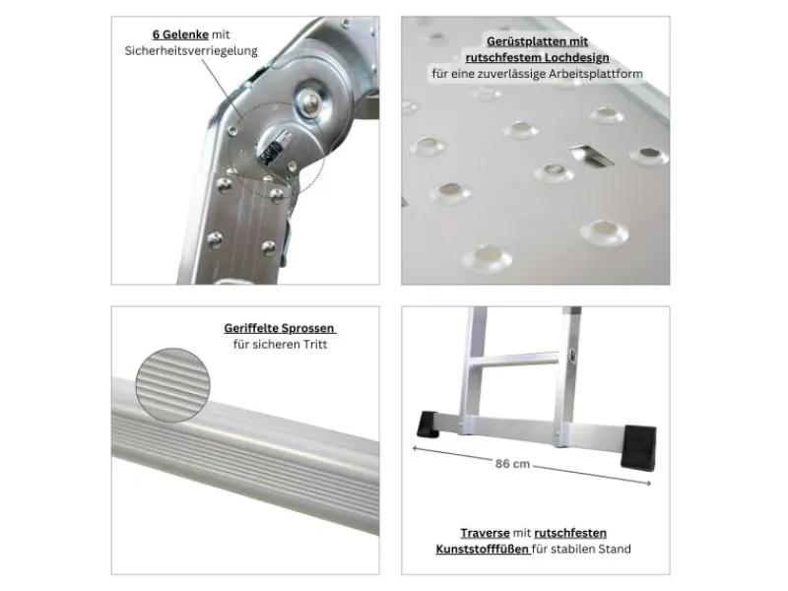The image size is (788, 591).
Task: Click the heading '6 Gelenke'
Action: [x=180, y=34]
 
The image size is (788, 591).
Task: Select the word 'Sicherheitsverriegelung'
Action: [x=191, y=51]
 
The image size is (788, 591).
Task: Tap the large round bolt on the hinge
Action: [x=310, y=102]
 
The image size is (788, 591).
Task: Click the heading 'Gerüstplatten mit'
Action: [x=537, y=41]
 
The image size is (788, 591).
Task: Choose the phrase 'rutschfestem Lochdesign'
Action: [x=537, y=57]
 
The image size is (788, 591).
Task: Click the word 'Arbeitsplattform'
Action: [x=596, y=74]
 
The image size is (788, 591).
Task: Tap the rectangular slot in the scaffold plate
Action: [x=592, y=156]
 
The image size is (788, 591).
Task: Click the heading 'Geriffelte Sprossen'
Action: [x=279, y=328]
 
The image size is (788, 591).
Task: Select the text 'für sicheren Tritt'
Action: [x=280, y=344]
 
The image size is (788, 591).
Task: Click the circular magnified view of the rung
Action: [x=173, y=385]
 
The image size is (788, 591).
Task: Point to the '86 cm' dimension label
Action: [x=512, y=464]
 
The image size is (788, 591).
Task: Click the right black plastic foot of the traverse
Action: [x=638, y=447]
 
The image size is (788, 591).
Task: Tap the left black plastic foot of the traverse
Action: [x=427, y=425]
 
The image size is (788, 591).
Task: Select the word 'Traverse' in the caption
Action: [x=485, y=533]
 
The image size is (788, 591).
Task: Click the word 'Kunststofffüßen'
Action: [x=482, y=549]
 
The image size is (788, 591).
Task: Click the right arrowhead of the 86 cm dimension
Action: [x=649, y=484]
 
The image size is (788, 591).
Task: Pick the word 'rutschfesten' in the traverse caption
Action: [x=570, y=533]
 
